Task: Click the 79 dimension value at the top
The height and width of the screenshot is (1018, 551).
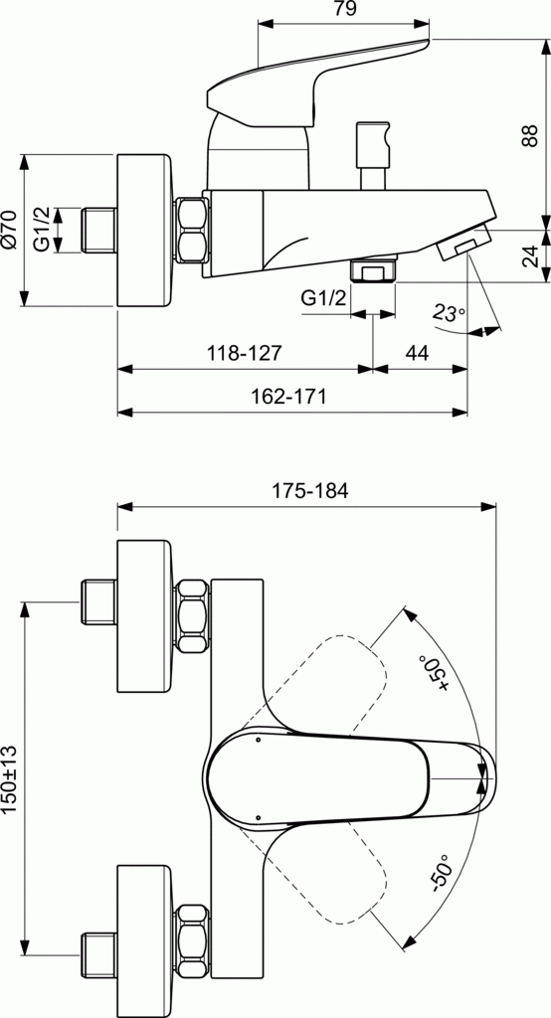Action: (344, 10)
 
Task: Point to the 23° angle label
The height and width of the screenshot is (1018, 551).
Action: (449, 312)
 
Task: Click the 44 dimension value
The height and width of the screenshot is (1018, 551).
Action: (418, 353)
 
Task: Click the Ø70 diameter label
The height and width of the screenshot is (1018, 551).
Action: (10, 230)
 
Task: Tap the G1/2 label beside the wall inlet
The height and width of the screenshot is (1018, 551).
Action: (42, 230)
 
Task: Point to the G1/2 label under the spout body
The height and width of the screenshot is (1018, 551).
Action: (324, 297)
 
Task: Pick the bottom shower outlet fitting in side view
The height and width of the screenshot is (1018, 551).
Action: (374, 270)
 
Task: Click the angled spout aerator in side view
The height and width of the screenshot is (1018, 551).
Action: (463, 243)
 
